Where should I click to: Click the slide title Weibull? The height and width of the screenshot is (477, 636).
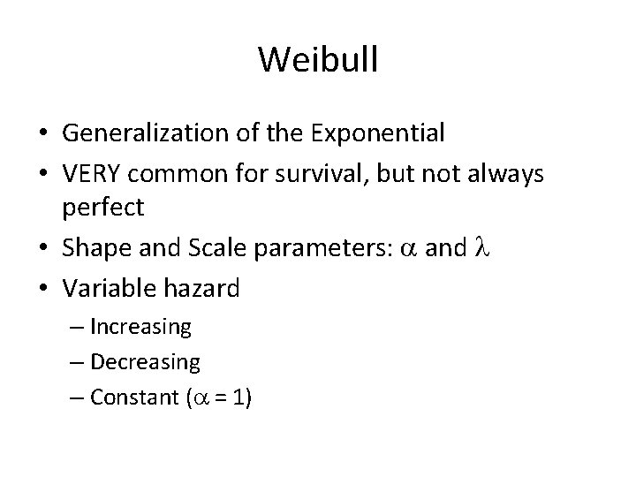(318, 60)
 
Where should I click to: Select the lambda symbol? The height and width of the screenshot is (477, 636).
(483, 248)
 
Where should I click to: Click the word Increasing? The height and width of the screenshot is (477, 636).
(141, 327)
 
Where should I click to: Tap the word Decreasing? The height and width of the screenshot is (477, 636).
(145, 362)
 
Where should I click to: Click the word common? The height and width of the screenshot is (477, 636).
(177, 175)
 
